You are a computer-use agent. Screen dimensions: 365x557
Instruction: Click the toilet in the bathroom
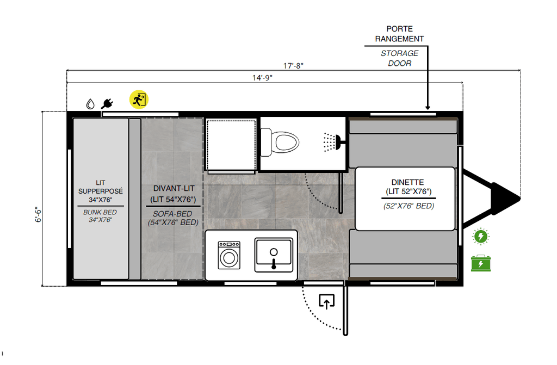(x=285, y=143)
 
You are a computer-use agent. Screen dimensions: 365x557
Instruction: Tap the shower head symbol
(x=331, y=142)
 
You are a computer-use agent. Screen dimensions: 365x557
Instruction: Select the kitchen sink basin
(x=274, y=255)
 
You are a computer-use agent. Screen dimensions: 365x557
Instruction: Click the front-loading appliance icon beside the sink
(x=229, y=255)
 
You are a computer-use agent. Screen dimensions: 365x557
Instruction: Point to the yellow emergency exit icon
(x=139, y=100)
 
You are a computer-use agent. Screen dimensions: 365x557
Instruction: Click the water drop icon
(x=91, y=103)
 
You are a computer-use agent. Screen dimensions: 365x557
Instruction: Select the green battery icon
(x=481, y=263)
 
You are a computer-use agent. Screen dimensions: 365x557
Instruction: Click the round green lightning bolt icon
(x=481, y=236)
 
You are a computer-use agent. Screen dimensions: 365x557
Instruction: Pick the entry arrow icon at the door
(x=326, y=301)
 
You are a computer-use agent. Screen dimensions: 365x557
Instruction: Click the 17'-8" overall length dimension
(x=293, y=66)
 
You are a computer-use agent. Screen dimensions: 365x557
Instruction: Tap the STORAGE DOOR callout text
(x=399, y=58)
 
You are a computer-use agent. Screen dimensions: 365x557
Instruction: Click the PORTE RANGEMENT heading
(x=399, y=34)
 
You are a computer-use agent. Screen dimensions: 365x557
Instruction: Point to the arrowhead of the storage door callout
(x=428, y=108)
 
